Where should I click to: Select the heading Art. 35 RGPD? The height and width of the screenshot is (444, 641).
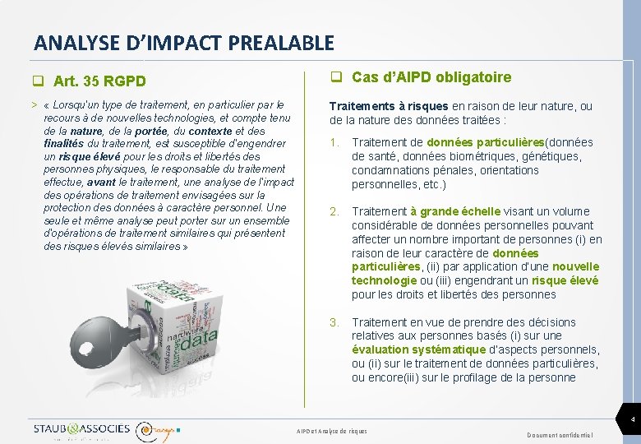[99, 81]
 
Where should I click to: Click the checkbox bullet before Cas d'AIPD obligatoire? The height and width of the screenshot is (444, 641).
[336, 78]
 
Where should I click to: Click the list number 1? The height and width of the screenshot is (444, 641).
[334, 143]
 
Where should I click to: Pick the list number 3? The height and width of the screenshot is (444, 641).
[334, 322]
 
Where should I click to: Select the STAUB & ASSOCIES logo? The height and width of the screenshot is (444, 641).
[81, 429]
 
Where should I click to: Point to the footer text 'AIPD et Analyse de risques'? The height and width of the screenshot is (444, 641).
[331, 431]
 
